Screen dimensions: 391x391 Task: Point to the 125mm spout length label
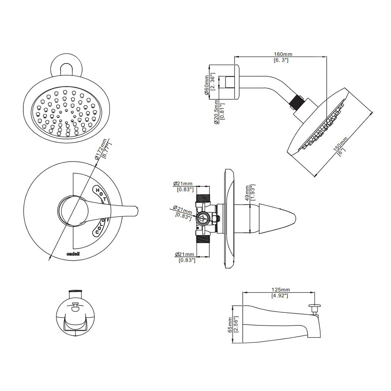(280, 290)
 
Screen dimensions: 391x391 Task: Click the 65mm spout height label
(230, 324)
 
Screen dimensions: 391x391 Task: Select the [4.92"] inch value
(280, 296)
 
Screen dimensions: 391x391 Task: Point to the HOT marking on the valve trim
(101, 194)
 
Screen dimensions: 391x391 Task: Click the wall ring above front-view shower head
(67, 67)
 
